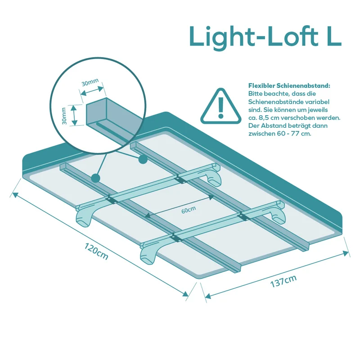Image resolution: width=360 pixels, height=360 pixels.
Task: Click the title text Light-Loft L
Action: click(x=265, y=37)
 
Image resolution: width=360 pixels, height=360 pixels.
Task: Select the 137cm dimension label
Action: click(x=283, y=281)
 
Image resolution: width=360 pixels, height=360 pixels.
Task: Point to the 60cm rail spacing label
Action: click(x=189, y=210)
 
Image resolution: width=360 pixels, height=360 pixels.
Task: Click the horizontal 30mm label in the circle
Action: click(x=90, y=82)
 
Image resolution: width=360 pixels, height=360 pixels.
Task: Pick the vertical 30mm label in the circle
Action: click(x=64, y=116)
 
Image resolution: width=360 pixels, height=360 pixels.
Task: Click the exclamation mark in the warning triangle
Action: click(x=221, y=108)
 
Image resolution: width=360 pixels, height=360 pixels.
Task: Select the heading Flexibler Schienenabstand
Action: click(x=289, y=86)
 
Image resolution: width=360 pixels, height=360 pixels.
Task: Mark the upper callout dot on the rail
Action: click(x=143, y=159)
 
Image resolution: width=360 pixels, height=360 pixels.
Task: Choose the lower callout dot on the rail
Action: click(x=95, y=178)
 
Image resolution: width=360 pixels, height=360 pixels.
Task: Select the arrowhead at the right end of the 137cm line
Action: click(x=346, y=253)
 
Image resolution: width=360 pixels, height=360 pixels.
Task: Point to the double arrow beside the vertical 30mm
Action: click(x=73, y=115)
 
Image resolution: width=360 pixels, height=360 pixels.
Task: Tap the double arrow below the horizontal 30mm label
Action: click(x=92, y=91)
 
